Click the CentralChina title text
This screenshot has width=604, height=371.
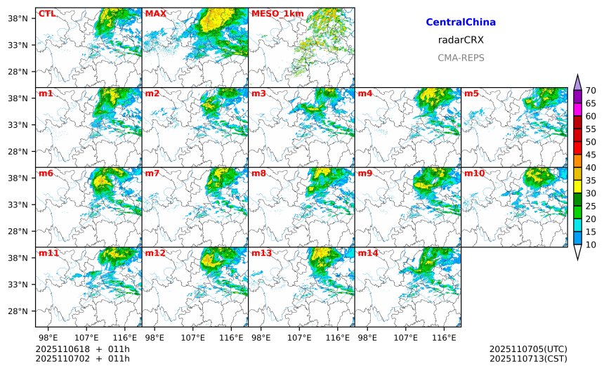click(461, 22)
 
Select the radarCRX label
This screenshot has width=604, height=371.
click(461, 40)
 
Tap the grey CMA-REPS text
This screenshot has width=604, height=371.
click(461, 58)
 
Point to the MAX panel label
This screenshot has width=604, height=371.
click(155, 13)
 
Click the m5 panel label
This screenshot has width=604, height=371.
click(471, 93)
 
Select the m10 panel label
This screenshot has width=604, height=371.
click(474, 174)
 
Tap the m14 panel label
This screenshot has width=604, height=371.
click(368, 253)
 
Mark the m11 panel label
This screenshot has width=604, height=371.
click(48, 253)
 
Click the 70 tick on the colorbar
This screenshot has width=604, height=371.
click(591, 90)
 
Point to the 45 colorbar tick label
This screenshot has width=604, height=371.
click(591, 155)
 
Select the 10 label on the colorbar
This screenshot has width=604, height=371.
click(591, 245)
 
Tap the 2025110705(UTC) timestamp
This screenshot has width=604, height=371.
click(527, 349)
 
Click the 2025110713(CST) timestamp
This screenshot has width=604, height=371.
click(527, 359)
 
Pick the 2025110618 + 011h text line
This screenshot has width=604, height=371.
click(82, 349)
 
